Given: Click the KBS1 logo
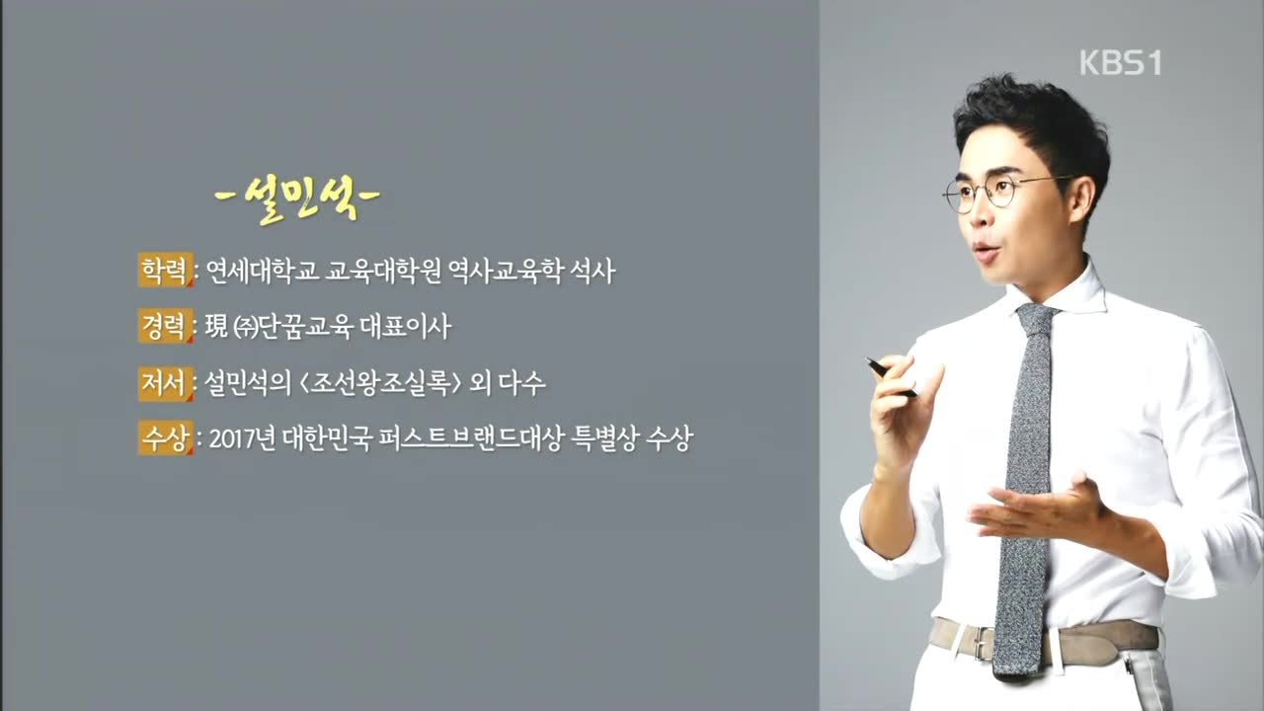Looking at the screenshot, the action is (1120, 62).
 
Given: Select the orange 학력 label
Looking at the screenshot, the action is (165, 270).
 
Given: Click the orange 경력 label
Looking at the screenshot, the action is (165, 326).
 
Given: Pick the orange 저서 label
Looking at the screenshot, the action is (165, 382).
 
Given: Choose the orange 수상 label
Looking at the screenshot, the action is (165, 437).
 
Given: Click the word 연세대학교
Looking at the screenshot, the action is (263, 271).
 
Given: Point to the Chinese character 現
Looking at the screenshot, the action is (216, 326).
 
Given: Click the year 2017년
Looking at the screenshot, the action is (242, 438).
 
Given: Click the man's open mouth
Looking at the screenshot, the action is (987, 252).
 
